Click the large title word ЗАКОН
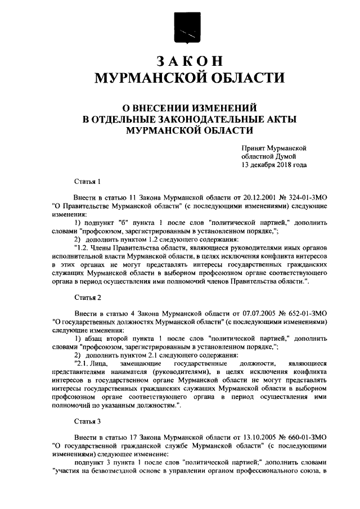coord(189,61)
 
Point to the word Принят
coord(253,147)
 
